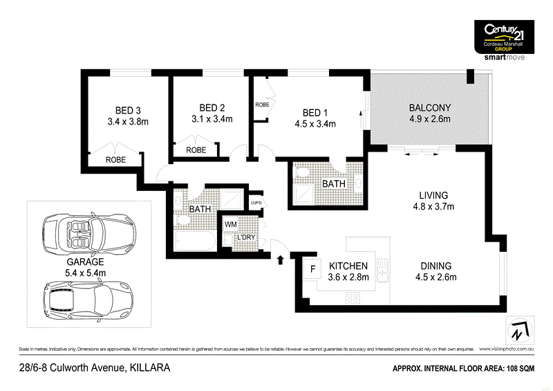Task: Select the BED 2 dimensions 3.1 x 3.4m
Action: (212, 119)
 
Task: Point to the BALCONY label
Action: (429, 107)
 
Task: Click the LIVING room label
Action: (433, 195)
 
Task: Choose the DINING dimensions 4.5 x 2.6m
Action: (435, 278)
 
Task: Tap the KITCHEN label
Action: (348, 266)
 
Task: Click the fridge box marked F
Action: (312, 268)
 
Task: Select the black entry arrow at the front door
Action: (280, 260)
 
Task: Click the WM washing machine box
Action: (231, 225)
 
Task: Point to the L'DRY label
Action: (247, 237)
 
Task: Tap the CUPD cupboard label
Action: (256, 203)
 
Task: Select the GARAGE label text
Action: (85, 262)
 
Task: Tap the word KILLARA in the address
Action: (147, 369)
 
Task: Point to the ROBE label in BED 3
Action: (115, 159)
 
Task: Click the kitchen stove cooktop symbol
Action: (352, 298)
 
